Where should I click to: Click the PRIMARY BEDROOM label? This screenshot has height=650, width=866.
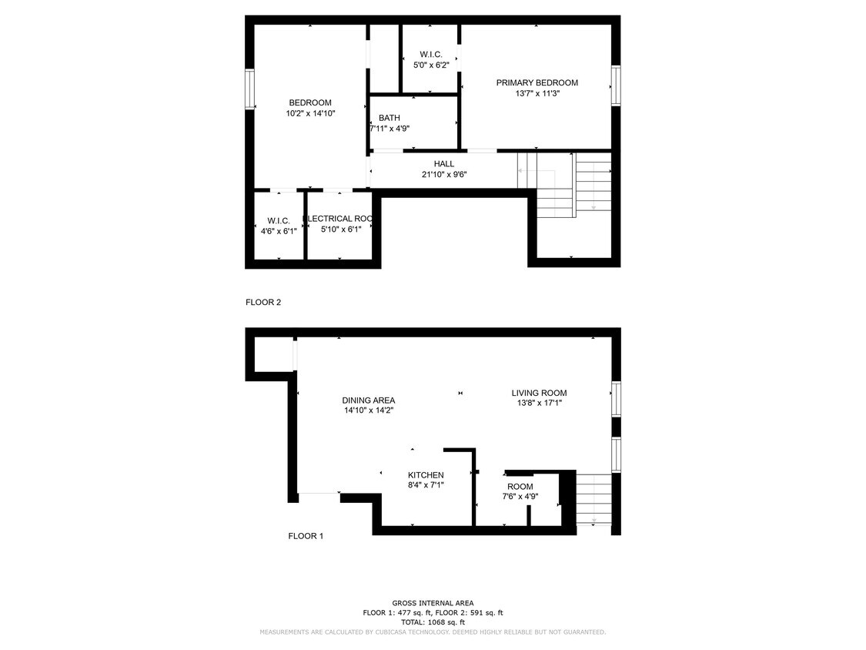click(537, 82)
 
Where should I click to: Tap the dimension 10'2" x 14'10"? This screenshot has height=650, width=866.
click(310, 113)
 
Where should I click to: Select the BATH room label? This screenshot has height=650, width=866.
click(389, 118)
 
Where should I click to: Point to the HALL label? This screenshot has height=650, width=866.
click(444, 163)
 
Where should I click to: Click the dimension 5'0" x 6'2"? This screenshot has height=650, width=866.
click(431, 65)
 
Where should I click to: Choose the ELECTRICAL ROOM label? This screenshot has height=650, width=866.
click(339, 219)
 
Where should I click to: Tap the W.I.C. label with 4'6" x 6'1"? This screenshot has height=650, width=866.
click(279, 221)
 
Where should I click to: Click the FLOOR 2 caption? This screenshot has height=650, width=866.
click(263, 303)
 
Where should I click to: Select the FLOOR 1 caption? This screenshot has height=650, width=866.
click(306, 536)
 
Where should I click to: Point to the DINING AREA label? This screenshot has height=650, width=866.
click(369, 400)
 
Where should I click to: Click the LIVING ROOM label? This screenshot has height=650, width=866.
click(539, 393)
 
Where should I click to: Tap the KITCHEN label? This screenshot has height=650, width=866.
click(426, 474)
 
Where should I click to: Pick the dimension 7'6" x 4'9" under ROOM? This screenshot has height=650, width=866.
click(520, 497)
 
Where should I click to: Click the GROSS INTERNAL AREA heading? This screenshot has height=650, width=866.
click(433, 603)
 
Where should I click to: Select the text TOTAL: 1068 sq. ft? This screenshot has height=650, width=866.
click(433, 622)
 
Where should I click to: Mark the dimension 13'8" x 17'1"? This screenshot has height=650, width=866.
click(539, 403)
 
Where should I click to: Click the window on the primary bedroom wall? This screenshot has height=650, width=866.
click(615, 85)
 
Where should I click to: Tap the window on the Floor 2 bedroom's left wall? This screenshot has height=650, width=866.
click(249, 89)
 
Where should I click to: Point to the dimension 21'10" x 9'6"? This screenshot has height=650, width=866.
click(444, 174)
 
